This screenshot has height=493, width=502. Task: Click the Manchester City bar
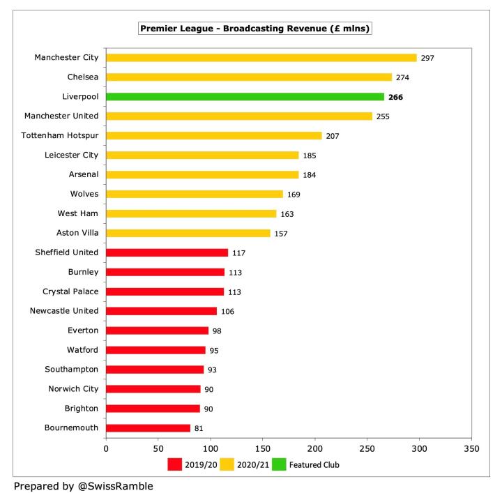click(x=261, y=58)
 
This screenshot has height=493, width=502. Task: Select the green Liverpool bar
click(x=245, y=97)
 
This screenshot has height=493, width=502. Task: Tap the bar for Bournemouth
click(x=149, y=427)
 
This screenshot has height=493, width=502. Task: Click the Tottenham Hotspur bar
click(x=214, y=135)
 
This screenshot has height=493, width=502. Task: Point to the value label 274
click(x=403, y=77)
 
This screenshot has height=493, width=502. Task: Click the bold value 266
click(x=395, y=97)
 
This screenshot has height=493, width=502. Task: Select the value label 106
click(x=227, y=311)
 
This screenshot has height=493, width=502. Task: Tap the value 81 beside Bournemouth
click(x=199, y=427)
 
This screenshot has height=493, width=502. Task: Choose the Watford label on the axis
click(x=82, y=349)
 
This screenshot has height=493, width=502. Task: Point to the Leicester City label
click(x=71, y=155)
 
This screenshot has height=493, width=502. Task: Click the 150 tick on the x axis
click(x=263, y=450)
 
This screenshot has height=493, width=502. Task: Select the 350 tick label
click(x=472, y=450)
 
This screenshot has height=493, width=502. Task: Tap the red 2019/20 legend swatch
click(x=174, y=464)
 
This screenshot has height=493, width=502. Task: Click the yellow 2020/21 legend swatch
click(x=227, y=464)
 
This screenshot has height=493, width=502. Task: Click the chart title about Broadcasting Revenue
click(x=255, y=29)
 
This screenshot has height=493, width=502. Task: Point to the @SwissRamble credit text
click(x=83, y=486)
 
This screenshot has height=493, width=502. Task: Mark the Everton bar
click(x=158, y=331)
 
